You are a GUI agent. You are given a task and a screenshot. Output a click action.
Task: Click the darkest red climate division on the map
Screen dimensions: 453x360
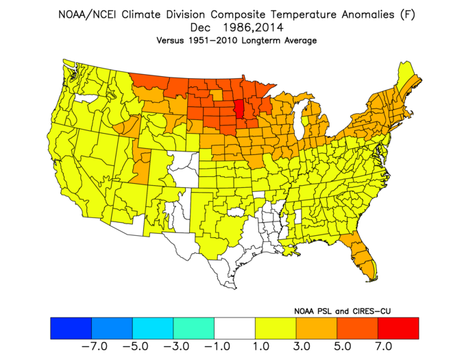point(239,109)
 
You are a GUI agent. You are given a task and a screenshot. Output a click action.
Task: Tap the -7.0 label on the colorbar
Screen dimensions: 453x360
point(95,346)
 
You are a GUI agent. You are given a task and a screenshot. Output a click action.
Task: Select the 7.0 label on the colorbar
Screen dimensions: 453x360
point(384,346)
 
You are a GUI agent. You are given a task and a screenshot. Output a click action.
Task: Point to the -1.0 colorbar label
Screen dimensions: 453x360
point(217,346)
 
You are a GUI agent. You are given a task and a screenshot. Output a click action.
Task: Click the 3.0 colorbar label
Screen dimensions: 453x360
point(302,346)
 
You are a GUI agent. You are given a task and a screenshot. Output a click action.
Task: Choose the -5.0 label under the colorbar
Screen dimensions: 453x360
point(136,346)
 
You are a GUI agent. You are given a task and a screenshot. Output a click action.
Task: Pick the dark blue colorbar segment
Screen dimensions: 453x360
point(71,328)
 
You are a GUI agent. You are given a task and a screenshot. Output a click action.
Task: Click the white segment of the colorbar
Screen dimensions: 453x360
point(234,328)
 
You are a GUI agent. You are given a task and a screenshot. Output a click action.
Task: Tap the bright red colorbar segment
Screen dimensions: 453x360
point(398,328)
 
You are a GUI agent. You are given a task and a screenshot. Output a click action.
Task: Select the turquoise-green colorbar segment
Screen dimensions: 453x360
point(194,328)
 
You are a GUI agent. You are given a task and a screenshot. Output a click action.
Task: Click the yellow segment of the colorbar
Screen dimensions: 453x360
point(276,328)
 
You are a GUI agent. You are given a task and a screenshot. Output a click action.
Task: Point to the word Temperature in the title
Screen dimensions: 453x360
point(303,14)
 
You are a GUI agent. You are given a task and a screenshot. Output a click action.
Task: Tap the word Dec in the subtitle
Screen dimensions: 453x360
point(201,27)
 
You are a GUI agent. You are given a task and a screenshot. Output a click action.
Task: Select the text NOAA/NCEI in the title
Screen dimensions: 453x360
point(87,14)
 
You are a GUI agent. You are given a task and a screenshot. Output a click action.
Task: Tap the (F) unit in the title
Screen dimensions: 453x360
point(407,14)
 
